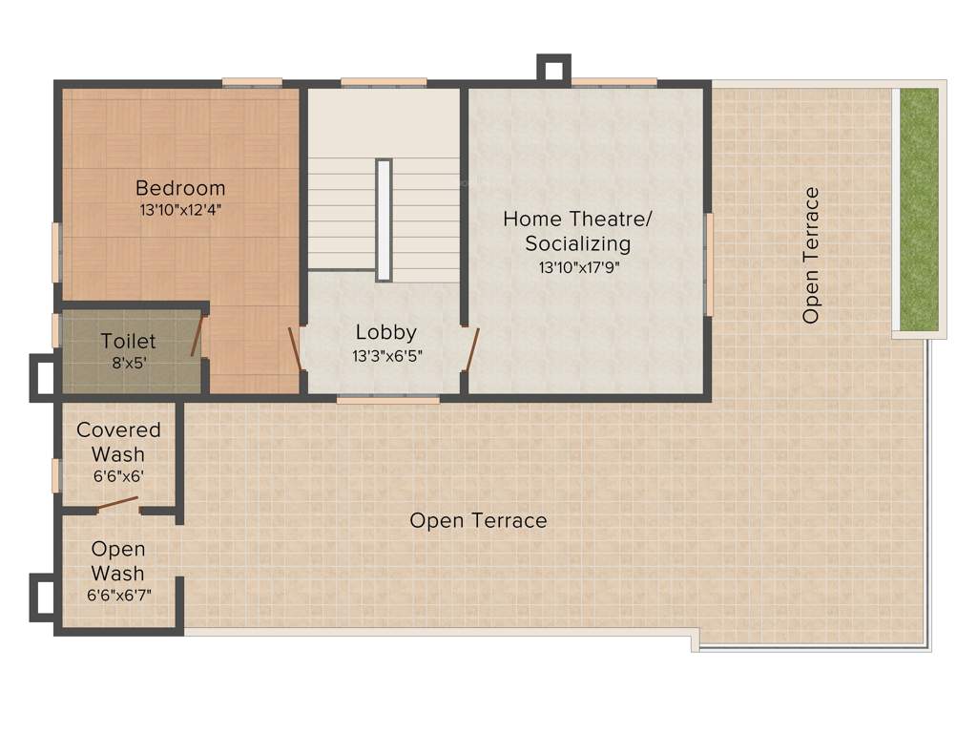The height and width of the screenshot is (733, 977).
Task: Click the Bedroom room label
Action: coord(180,187)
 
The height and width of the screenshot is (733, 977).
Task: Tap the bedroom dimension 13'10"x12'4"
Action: coord(180,208)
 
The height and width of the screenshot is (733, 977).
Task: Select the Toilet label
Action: coord(128,341)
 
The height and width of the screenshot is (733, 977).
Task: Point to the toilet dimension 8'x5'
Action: coord(128,363)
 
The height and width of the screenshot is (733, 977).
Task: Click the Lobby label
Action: coord(385,332)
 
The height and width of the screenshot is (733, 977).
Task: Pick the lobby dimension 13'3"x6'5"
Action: coord(385,355)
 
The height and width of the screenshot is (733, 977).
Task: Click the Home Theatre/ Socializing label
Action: coord(578,231)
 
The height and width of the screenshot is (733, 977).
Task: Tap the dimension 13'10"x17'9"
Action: coord(578,267)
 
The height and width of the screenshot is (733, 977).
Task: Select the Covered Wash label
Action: coord(118,442)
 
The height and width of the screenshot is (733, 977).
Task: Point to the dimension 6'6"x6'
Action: coord(118,475)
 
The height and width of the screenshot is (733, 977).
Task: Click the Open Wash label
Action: coord(118,561)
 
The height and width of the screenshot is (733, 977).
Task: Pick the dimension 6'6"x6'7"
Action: coord(118,595)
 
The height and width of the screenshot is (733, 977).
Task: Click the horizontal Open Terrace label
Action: coord(478,520)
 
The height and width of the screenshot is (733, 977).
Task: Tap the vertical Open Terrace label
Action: coord(811,256)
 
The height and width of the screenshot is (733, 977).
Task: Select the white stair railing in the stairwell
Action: coord(384,220)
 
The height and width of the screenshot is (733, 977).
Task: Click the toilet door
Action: coord(197,336)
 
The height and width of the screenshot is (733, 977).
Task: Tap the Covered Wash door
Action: coord(116,503)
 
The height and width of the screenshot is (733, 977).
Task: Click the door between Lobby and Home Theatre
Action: coord(469,349)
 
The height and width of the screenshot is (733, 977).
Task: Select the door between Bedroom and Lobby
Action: coord(296,349)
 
